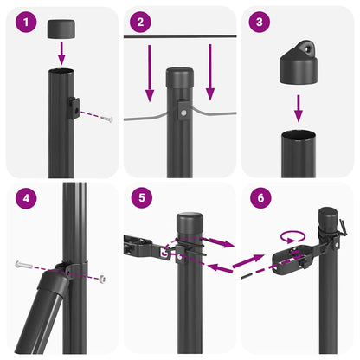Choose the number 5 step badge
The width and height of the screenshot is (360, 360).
[142, 200]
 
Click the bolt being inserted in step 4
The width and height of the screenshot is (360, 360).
[23, 265]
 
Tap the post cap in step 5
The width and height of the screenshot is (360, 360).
[190, 221]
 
